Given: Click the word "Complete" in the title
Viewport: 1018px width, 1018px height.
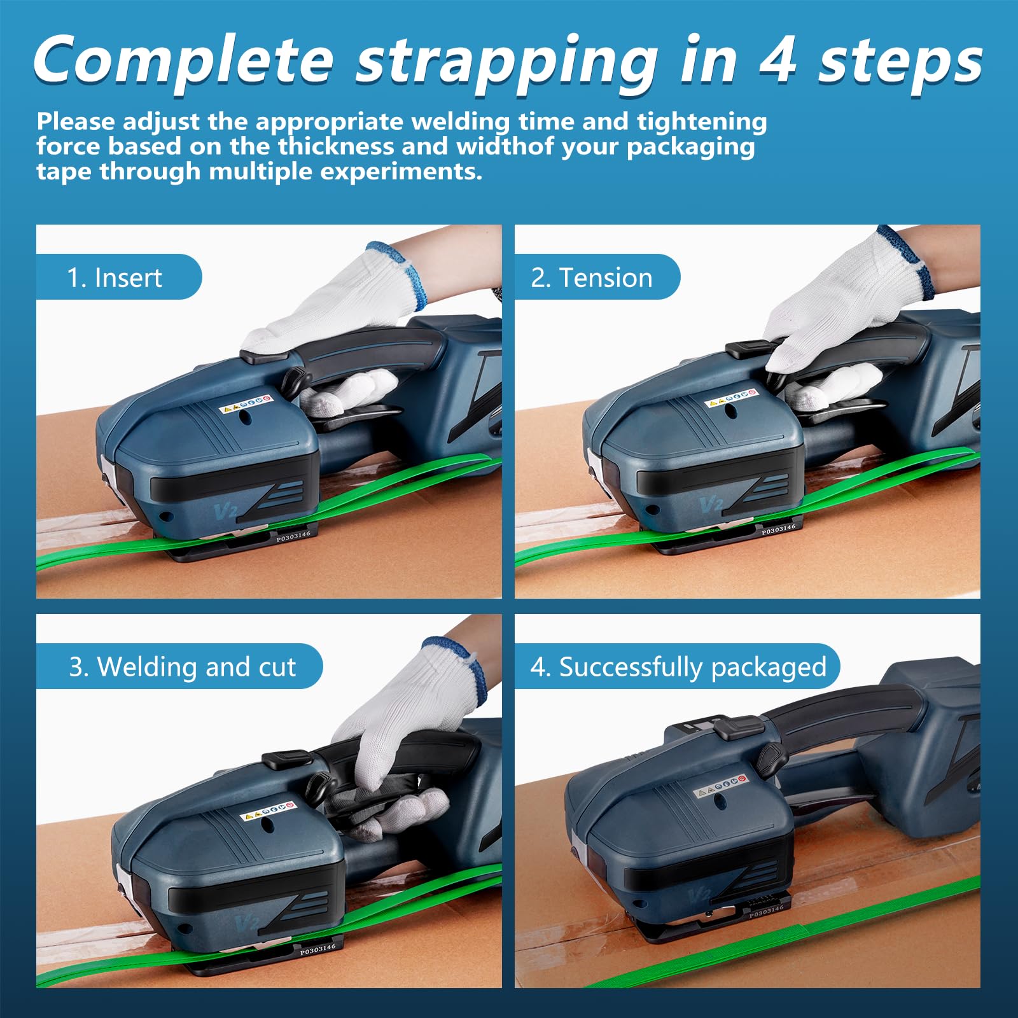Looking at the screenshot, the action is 183,60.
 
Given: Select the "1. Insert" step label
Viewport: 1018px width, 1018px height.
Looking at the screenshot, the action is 115,278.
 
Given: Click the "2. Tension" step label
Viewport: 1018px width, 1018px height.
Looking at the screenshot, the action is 592,278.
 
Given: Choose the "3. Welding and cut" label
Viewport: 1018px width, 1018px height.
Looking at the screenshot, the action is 183,667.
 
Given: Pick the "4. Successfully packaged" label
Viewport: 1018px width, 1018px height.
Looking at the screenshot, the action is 678,667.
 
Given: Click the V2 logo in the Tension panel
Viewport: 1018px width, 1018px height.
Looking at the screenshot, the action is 711,505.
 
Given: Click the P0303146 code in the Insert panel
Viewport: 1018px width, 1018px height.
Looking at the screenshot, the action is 293,537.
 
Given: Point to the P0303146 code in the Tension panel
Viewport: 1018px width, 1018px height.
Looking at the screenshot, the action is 779,529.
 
